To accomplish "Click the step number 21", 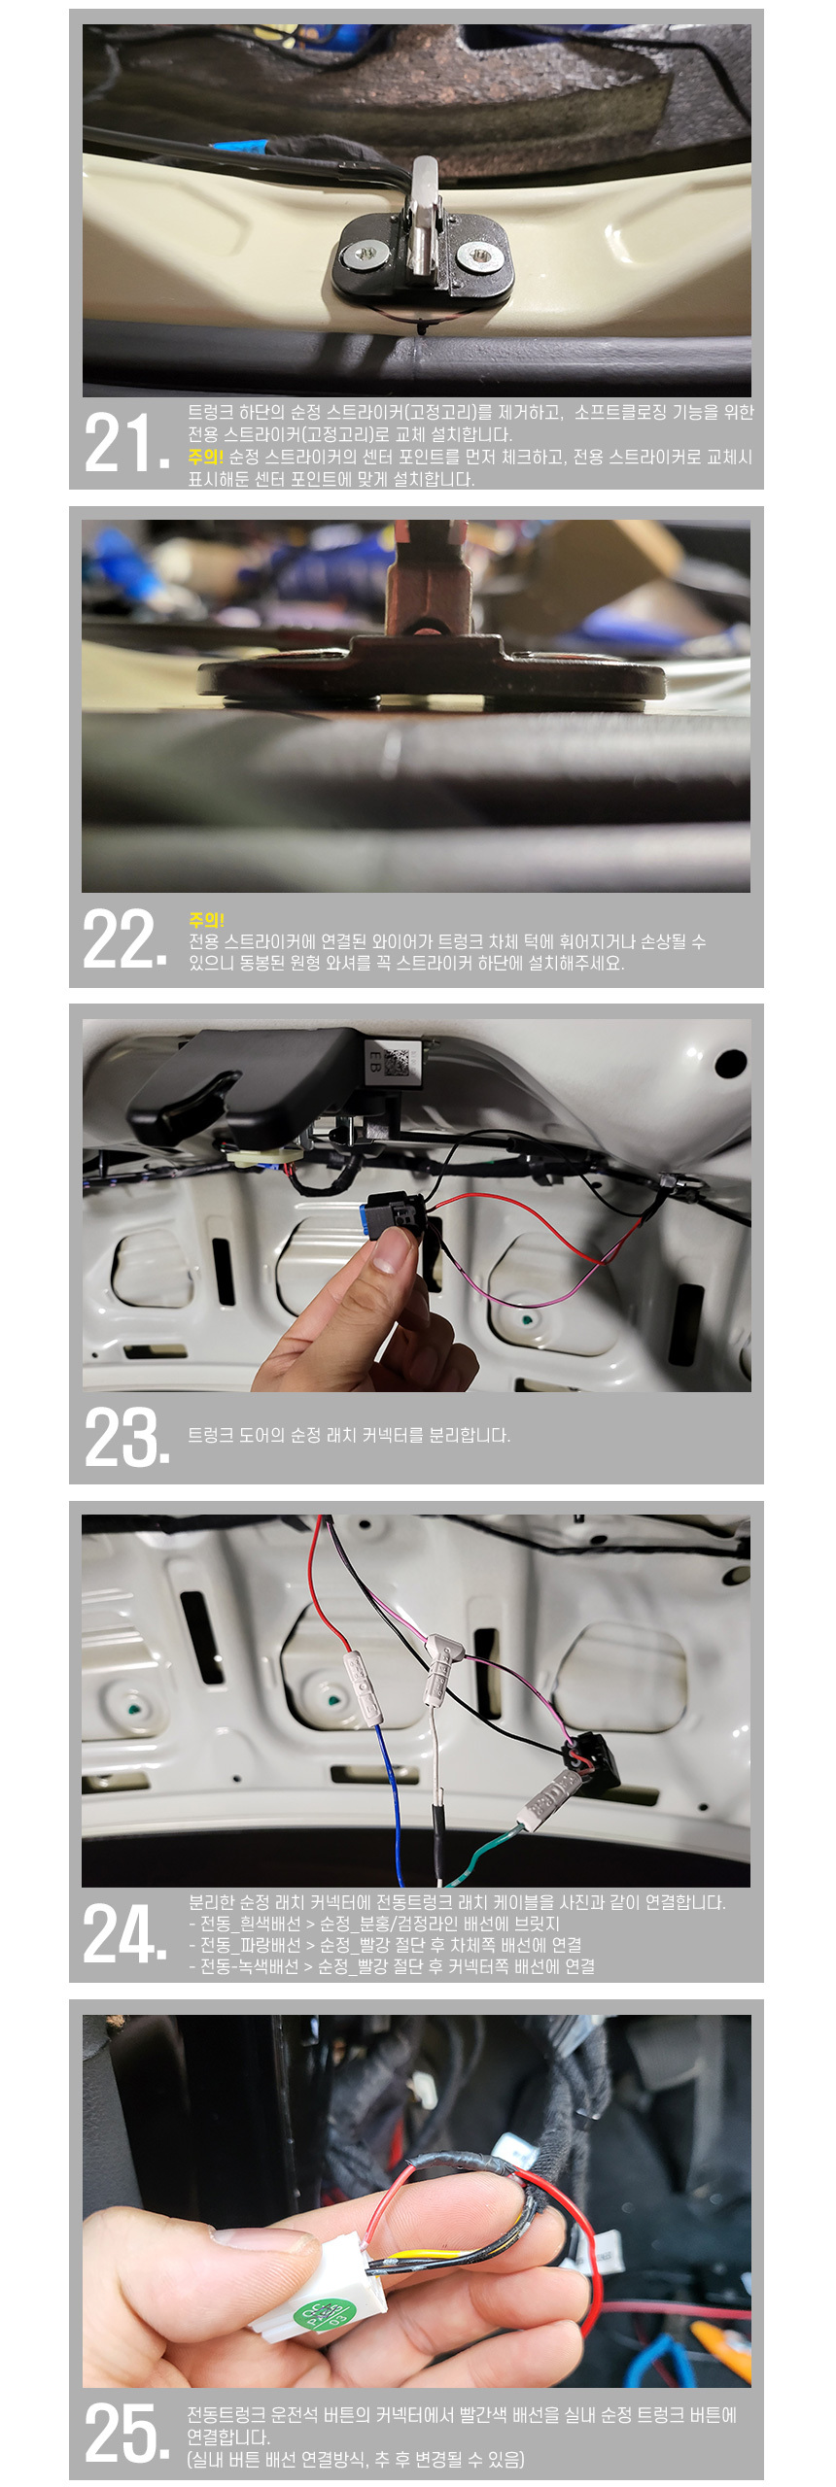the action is pyautogui.click(x=126, y=443).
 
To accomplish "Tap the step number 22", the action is pyautogui.click(x=126, y=938).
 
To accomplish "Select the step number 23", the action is pyautogui.click(x=126, y=1436).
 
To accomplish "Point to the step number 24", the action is pyautogui.click(x=126, y=1933).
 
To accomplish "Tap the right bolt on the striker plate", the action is pyautogui.click(x=480, y=257).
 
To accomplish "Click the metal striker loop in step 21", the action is pyautogui.click(x=424, y=219).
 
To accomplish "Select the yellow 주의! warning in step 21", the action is pyautogui.click(x=205, y=457).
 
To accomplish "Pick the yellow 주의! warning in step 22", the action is pyautogui.click(x=206, y=919).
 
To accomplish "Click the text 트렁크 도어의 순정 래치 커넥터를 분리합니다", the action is pyautogui.click(x=349, y=1435).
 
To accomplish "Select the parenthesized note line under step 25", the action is pyautogui.click(x=356, y=2459).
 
